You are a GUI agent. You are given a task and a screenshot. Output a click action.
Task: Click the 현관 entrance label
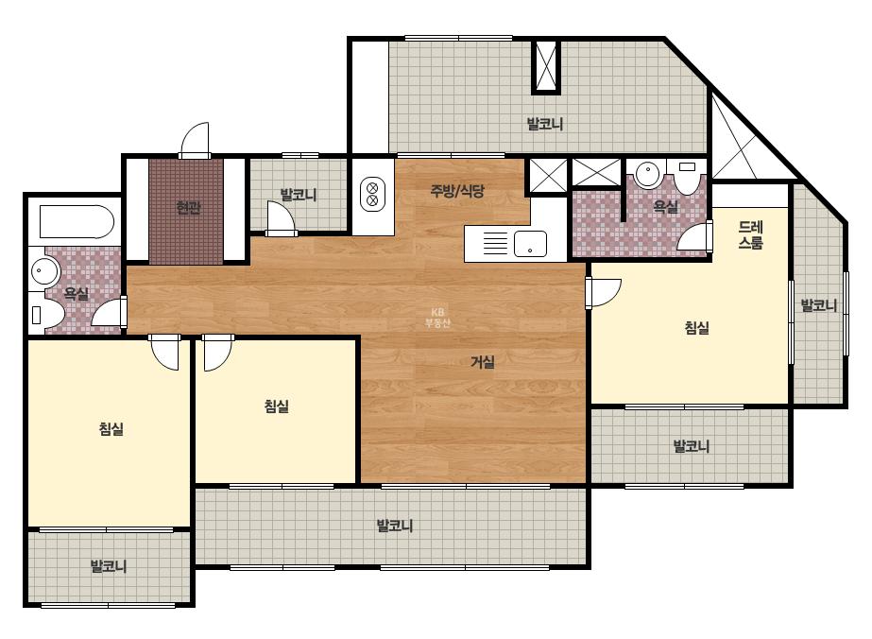pyautogui.click(x=188, y=208)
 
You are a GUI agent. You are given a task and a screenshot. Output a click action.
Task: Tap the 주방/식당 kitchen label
pyautogui.click(x=457, y=191)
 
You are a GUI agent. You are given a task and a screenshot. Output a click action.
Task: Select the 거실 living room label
pyautogui.click(x=482, y=362)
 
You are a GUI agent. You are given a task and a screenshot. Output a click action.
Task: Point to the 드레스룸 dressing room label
pyautogui.click(x=750, y=234)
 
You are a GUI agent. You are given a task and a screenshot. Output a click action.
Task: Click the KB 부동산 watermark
pyautogui.click(x=437, y=318)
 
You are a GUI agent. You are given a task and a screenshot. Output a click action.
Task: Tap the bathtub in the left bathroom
pyautogui.click(x=77, y=222)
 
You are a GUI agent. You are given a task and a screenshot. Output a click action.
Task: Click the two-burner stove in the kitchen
pyautogui.click(x=372, y=194)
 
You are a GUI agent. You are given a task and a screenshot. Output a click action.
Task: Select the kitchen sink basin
pyautogui.click(x=530, y=244)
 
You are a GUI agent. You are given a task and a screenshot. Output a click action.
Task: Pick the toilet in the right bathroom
pyautogui.click(x=687, y=176)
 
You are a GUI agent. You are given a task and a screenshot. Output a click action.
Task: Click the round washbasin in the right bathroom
pyautogui.click(x=647, y=174)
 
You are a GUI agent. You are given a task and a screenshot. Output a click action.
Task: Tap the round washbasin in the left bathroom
pyautogui.click(x=44, y=271)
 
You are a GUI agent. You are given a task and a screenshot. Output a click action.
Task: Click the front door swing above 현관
pyautogui.click(x=194, y=139)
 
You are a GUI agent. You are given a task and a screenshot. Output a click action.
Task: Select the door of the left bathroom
pyautogui.click(x=110, y=312)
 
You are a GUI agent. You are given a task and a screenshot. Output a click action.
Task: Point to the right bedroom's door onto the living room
pyautogui.click(x=603, y=292)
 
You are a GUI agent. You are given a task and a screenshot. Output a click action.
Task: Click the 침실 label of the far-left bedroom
pyautogui.click(x=111, y=428)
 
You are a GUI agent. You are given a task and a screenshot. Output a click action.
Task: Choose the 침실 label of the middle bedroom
pyautogui.click(x=277, y=406)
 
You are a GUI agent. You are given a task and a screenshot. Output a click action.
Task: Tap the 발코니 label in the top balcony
pyautogui.click(x=544, y=124)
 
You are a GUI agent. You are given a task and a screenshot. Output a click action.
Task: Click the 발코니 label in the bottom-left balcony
pyautogui.click(x=109, y=566)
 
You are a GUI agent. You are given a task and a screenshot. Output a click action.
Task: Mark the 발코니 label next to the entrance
pyautogui.click(x=299, y=195)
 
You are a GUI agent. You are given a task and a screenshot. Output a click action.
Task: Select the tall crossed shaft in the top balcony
pyautogui.click(x=545, y=65)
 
